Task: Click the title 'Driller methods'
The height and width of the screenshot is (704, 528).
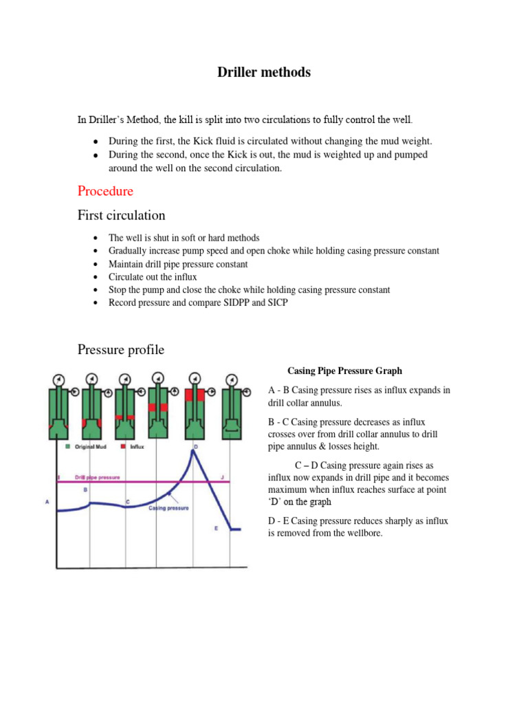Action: click(264, 72)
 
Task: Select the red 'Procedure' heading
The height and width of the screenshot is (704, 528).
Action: click(105, 190)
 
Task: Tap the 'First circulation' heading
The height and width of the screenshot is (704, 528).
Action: click(121, 215)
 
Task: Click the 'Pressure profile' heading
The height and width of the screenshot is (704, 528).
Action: click(120, 349)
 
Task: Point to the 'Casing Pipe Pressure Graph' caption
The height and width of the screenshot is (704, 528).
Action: click(344, 371)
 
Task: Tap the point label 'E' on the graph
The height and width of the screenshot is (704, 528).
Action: click(216, 528)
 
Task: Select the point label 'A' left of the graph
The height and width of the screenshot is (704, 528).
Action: click(47, 502)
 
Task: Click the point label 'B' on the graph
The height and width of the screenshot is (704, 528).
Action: click(85, 489)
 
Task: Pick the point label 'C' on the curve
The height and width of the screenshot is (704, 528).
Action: click(127, 503)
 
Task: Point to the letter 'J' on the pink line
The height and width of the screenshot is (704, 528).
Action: click(222, 476)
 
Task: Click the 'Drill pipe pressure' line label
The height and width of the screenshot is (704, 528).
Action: click(97, 476)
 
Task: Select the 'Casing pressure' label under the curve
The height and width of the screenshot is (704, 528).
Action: click(169, 508)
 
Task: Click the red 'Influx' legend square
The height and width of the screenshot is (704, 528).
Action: click(124, 446)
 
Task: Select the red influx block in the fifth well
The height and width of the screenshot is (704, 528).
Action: click(193, 395)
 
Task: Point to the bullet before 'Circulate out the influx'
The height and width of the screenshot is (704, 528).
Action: click(92, 277)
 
